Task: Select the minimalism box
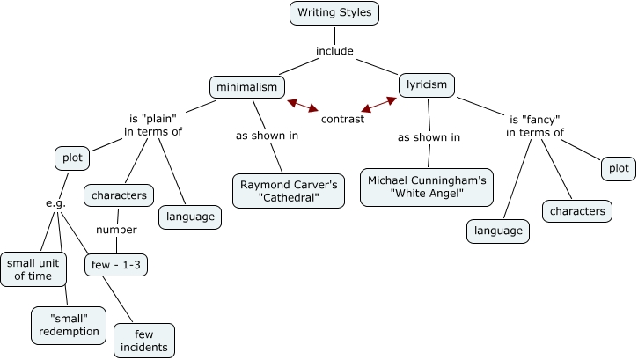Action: (247, 86)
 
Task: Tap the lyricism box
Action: (427, 84)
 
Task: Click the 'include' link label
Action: (334, 51)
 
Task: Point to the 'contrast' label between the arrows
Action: (342, 119)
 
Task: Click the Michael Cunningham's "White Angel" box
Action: (427, 187)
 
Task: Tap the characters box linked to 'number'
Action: (119, 195)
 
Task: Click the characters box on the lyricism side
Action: (577, 211)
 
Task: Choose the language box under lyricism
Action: (497, 231)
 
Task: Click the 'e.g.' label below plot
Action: (56, 203)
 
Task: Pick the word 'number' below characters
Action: (116, 230)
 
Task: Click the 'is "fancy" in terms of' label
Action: (535, 126)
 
